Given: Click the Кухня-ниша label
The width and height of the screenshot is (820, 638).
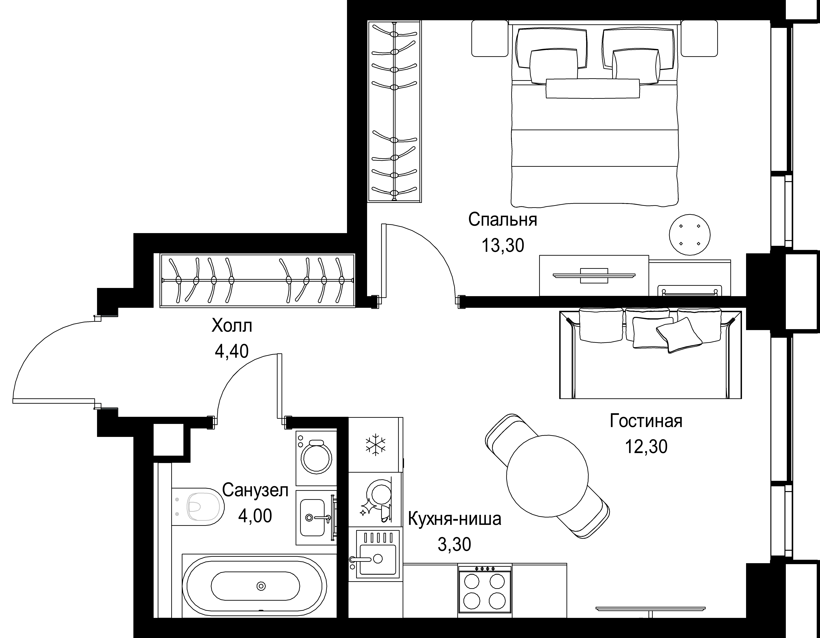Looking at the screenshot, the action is pos(454,519).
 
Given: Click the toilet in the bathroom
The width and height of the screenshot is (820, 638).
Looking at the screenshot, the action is pos(198,507).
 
